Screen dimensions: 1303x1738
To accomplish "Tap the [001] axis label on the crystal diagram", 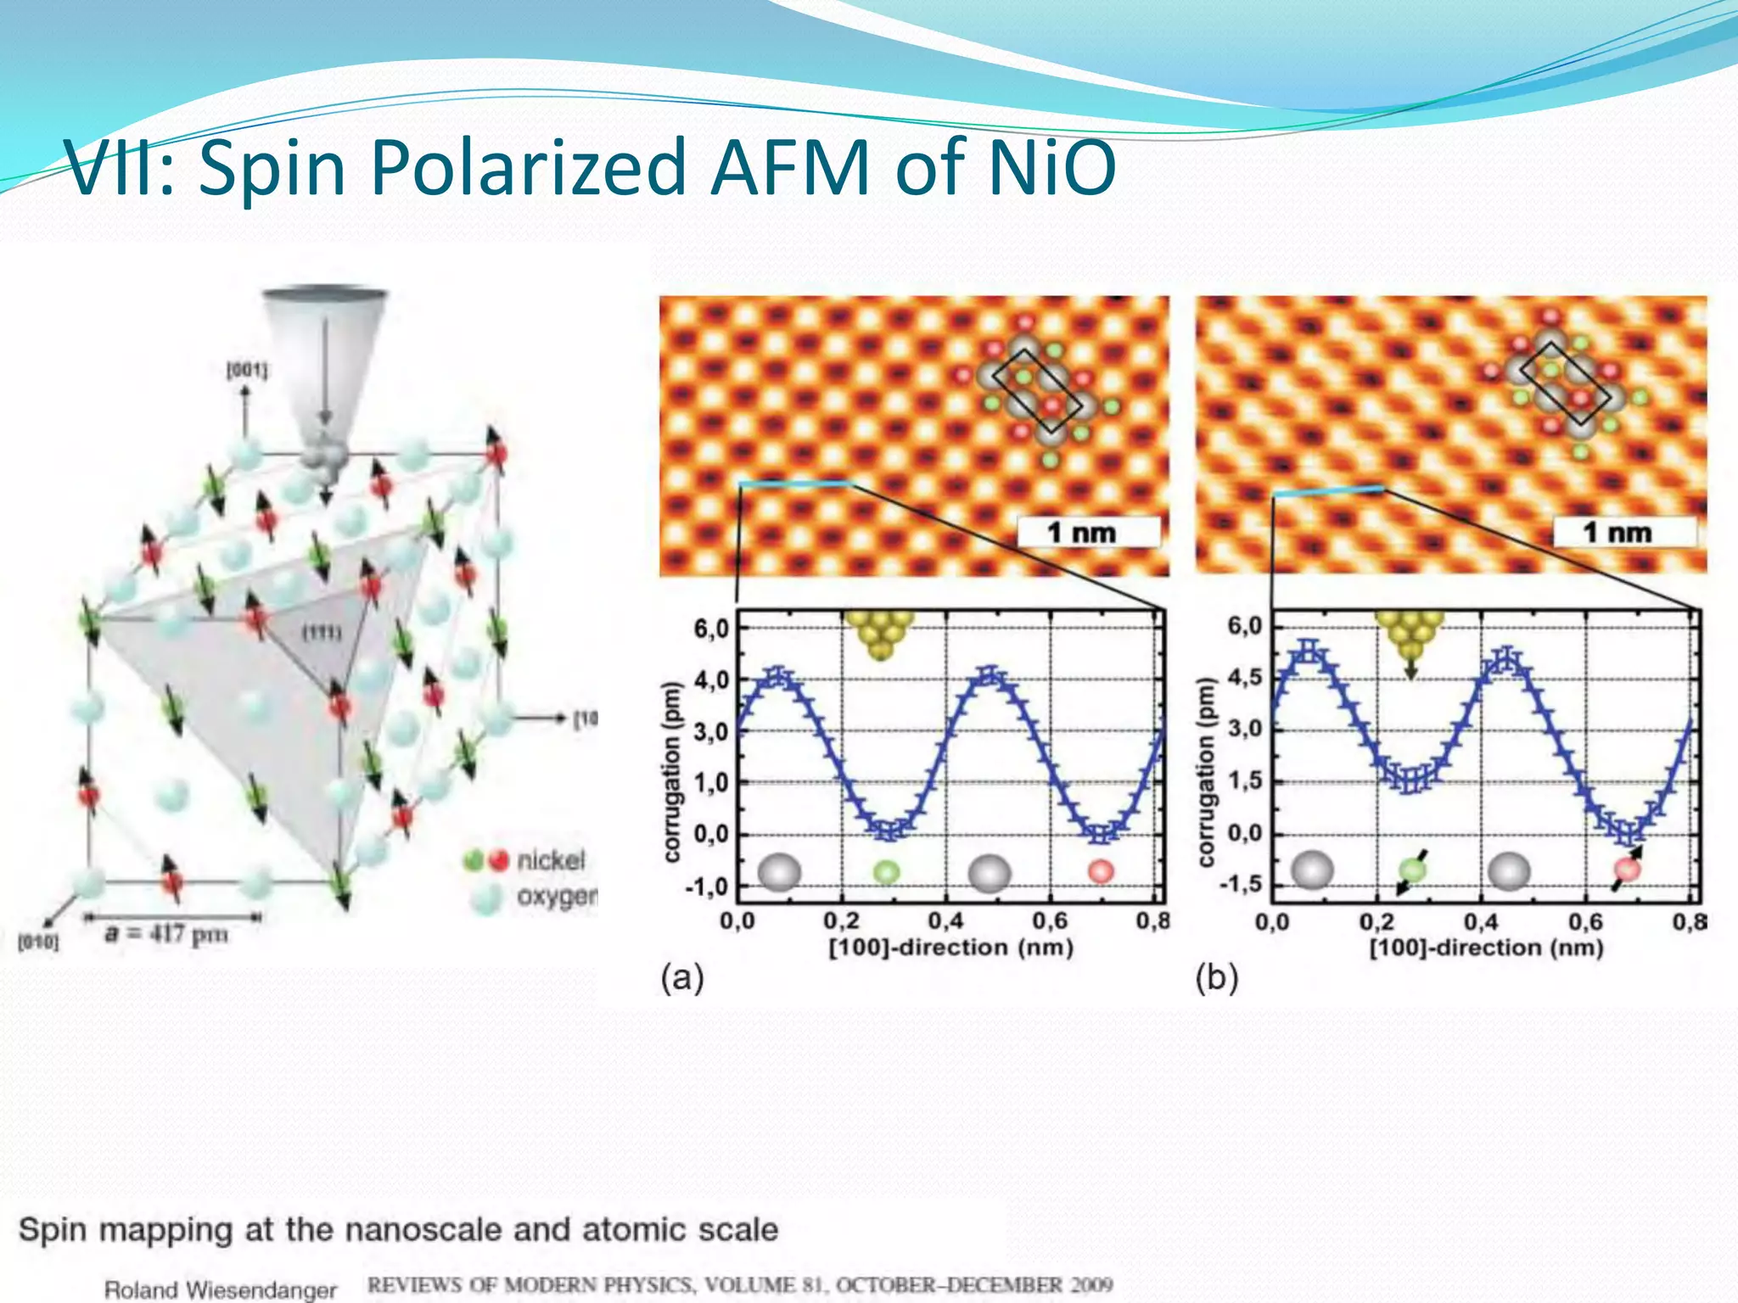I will tap(246, 370).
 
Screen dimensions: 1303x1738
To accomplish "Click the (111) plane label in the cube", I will tap(322, 633).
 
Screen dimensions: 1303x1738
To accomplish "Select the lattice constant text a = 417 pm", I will tap(166, 934).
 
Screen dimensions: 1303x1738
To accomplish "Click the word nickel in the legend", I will tap(551, 860).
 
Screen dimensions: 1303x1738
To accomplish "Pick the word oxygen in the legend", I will tap(557, 896).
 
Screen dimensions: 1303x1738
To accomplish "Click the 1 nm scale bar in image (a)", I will tap(1088, 533).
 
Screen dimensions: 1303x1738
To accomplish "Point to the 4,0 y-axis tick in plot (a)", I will tap(711, 680).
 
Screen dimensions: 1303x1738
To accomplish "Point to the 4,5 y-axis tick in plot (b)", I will tap(1245, 678).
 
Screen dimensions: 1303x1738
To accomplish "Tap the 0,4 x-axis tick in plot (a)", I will tap(945, 921).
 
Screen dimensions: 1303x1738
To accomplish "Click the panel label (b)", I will tap(1216, 978).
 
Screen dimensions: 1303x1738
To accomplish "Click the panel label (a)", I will tap(681, 978).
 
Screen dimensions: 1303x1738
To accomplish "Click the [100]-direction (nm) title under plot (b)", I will tap(1486, 948).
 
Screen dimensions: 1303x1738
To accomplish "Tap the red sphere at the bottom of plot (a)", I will tap(1101, 871).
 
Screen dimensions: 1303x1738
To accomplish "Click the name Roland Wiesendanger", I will tap(221, 1290).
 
